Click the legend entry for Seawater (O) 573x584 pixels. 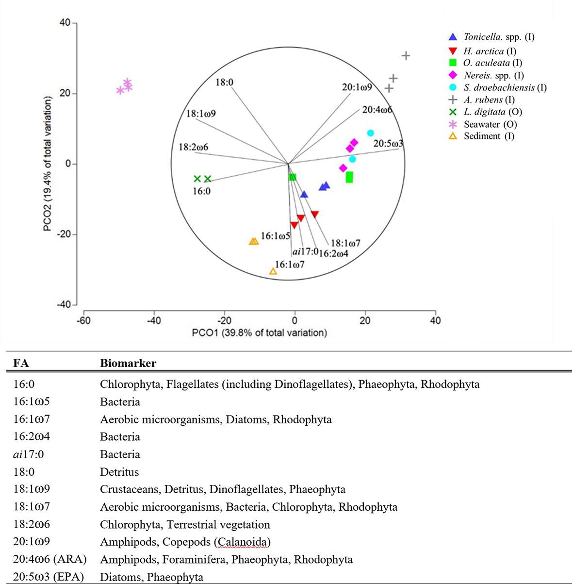(490, 124)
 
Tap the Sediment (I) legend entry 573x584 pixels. (489, 136)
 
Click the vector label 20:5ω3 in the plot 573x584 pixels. (388, 144)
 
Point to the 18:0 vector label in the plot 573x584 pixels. (224, 83)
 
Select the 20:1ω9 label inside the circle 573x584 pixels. (357, 87)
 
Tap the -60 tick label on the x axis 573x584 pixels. (83, 321)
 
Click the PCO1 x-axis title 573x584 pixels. (260, 333)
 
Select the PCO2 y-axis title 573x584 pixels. (47, 164)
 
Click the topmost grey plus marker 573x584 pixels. (406, 56)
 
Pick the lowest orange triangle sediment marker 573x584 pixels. (273, 271)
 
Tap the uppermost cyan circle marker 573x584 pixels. (371, 133)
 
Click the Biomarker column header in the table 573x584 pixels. (128, 363)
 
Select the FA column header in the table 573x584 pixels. (21, 363)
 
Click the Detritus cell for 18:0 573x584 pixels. (119, 472)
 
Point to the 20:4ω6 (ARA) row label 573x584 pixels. (50, 559)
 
